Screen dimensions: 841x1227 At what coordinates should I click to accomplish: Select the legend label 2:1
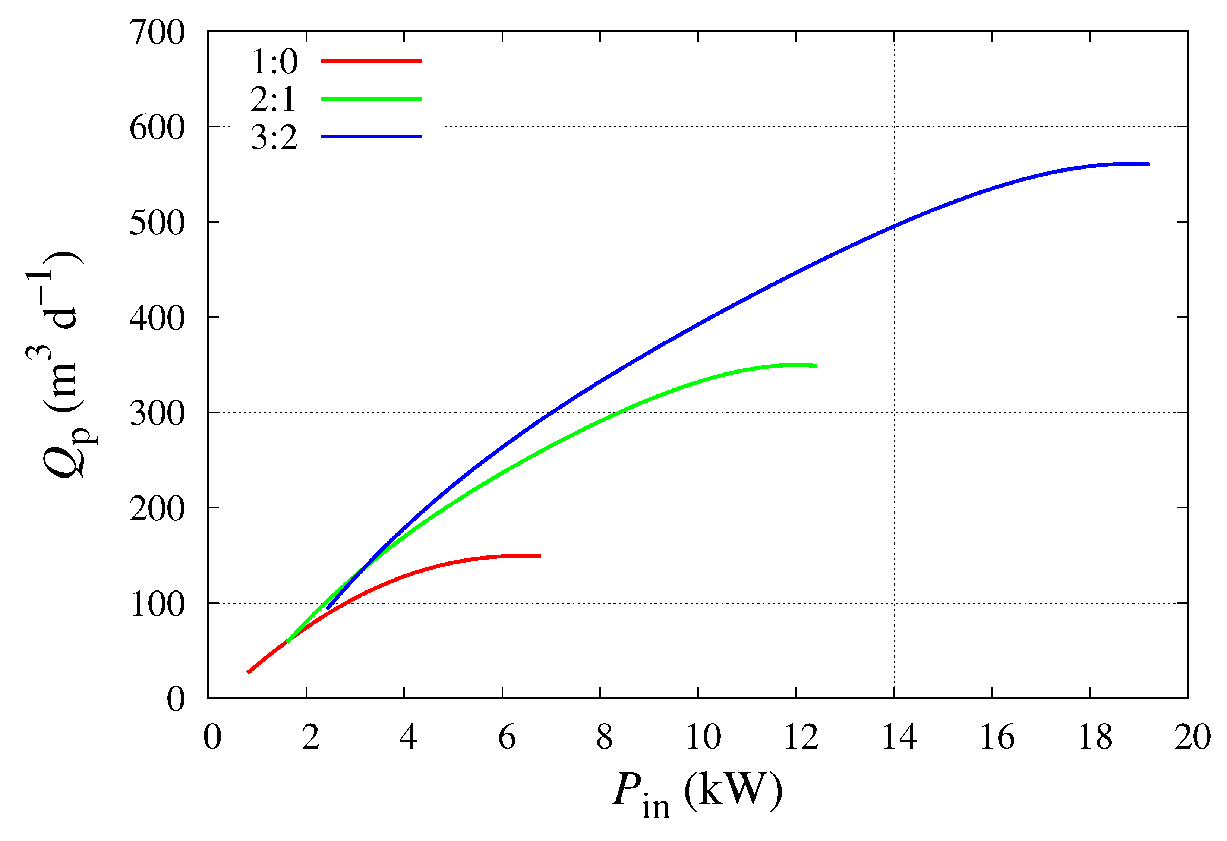pos(274,99)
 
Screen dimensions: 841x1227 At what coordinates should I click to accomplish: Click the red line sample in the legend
pos(371,61)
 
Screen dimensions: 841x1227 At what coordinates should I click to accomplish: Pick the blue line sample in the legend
pos(371,137)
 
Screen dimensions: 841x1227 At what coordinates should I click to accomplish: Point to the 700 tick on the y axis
pos(157,33)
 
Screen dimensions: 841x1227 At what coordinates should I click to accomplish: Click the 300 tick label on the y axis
pos(157,413)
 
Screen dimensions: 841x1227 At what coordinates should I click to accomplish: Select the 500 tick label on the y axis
pos(157,223)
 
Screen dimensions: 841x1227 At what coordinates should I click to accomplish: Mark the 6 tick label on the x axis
pos(506,737)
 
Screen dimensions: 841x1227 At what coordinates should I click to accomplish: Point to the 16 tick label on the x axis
pos(997,737)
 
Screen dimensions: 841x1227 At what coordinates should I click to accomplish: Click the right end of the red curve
pos(540,556)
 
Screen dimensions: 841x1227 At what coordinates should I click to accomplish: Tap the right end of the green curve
pos(816,366)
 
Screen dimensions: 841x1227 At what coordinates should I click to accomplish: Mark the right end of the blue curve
pos(1149,164)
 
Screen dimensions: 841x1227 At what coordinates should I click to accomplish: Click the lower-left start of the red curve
pos(249,672)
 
